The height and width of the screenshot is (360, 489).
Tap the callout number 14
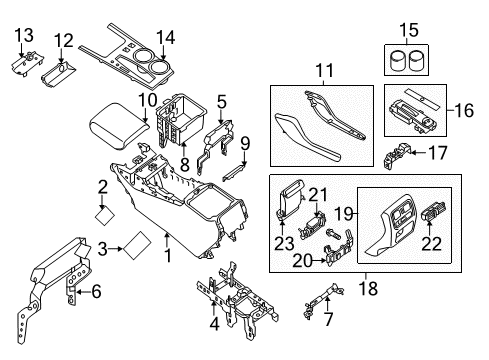166,37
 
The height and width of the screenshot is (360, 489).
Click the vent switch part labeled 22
436,216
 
